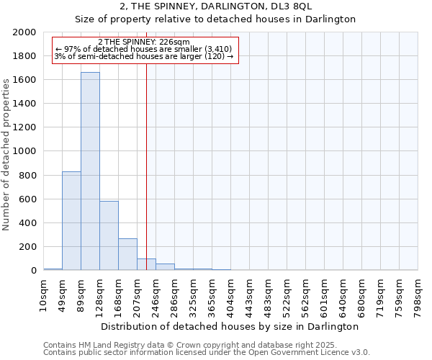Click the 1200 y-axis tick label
coord(24,127)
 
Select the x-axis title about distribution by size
coord(230,326)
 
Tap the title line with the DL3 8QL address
coord(215,6)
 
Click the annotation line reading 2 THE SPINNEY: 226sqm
coord(144,42)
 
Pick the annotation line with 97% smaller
coord(144,50)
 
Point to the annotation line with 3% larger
coord(144,56)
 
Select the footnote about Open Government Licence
coord(207,352)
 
